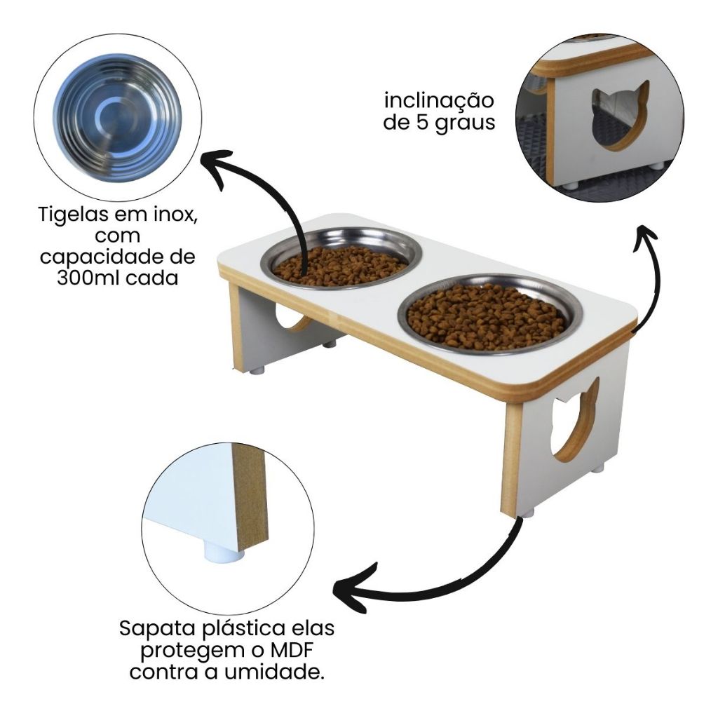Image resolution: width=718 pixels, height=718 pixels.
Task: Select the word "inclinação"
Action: pos(439,101)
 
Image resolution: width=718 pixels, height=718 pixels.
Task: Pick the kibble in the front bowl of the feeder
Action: pos(485,316)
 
